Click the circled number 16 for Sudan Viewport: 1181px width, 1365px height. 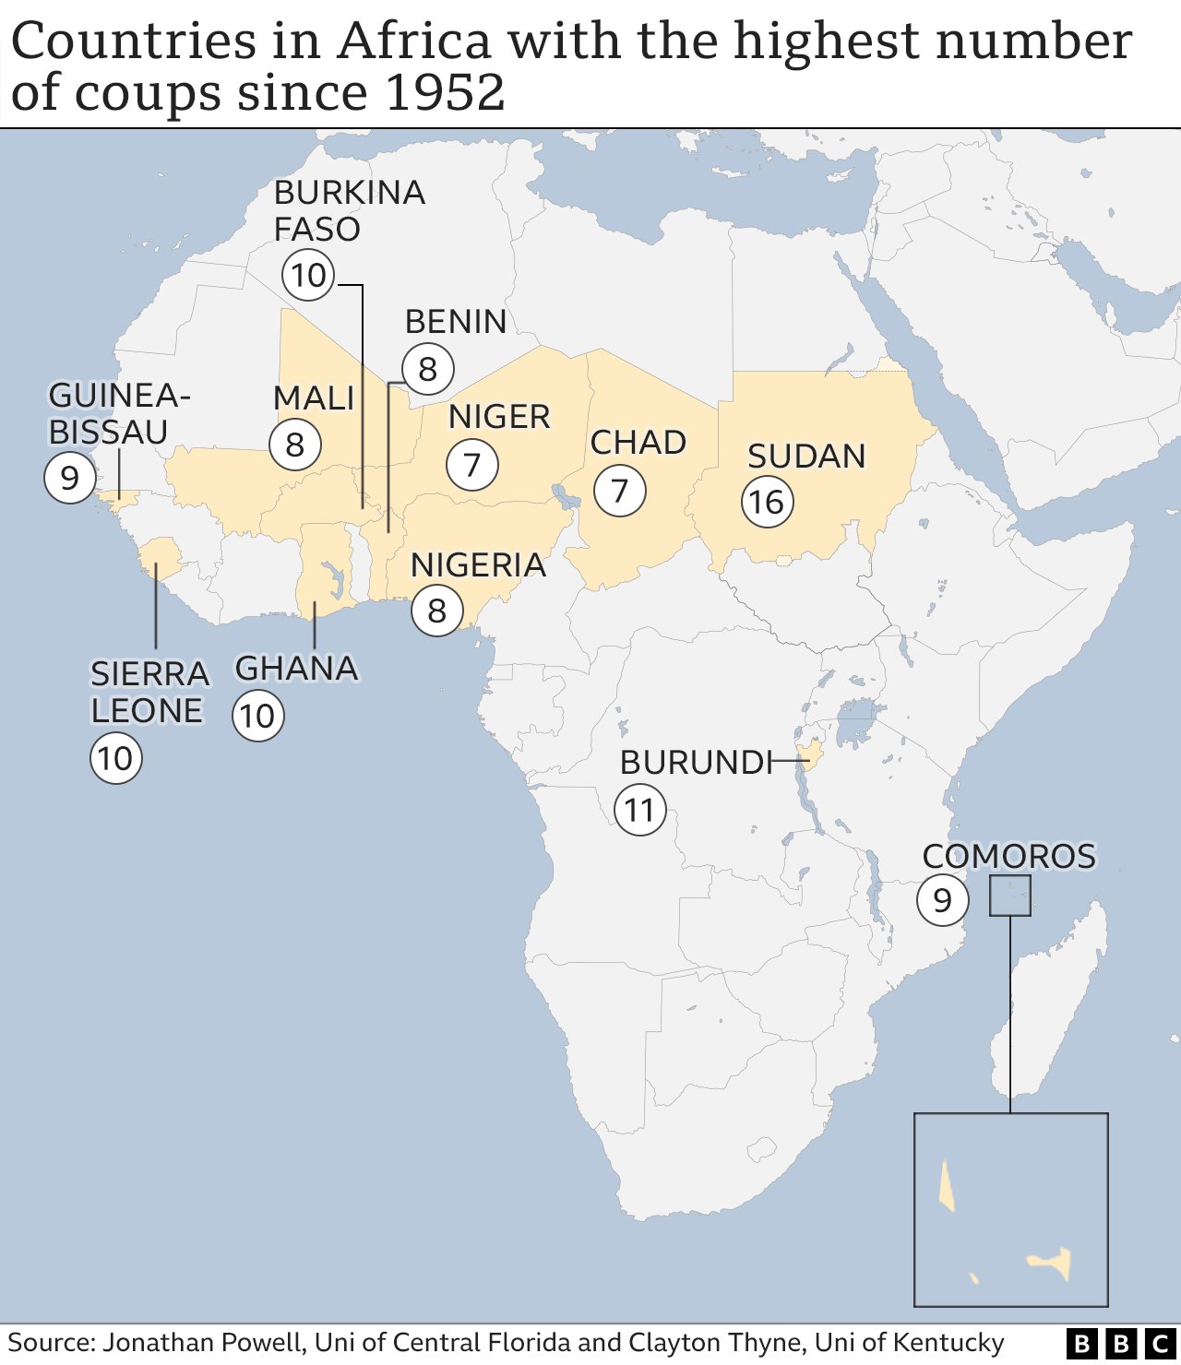coord(767,503)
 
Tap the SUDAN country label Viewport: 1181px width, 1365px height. coord(806,457)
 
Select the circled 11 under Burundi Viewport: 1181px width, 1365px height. coord(639,811)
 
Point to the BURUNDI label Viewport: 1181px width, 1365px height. coord(695,763)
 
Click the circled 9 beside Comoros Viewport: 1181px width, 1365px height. coord(942,900)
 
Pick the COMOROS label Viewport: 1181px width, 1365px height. coord(1008,857)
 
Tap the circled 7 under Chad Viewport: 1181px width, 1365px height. coord(619,491)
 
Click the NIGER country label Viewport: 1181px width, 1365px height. coord(499,417)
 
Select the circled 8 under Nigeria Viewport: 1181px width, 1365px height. coord(436,611)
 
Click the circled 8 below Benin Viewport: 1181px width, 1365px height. coord(427,369)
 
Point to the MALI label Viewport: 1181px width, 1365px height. coord(314,398)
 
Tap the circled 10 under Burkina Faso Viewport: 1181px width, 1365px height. coord(308,275)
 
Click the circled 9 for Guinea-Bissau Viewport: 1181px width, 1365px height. coord(69,478)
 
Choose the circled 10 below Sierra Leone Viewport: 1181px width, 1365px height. coord(115,759)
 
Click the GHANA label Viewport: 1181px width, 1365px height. coord(296,669)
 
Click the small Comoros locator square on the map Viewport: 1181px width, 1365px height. coord(1009,896)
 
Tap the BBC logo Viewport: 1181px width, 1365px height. coord(1121,1344)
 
